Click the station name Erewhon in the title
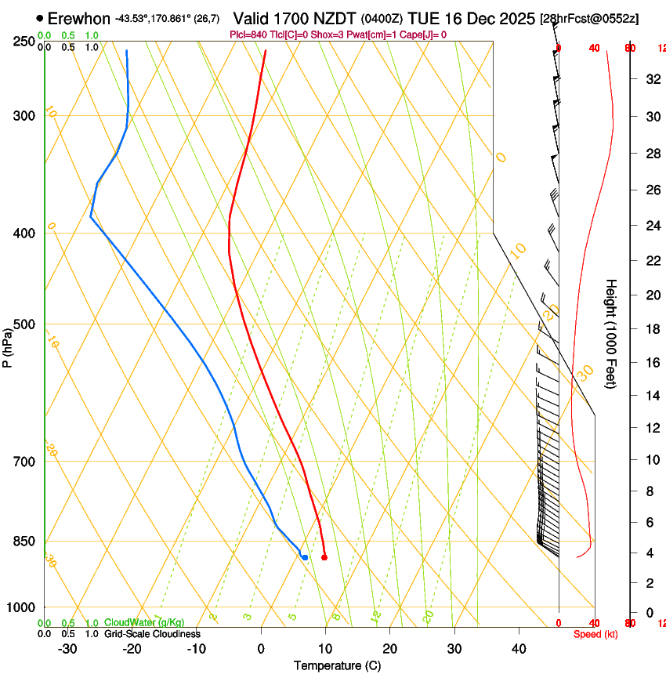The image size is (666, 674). [x=79, y=18]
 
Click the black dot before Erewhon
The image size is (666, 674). [x=39, y=18]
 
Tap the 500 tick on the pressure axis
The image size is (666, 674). [x=25, y=324]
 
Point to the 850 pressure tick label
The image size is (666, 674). [x=25, y=542]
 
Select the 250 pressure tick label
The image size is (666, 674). [x=25, y=42]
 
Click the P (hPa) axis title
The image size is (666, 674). [x=8, y=346]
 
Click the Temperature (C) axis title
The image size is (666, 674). [x=337, y=665]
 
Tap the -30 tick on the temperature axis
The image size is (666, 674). [x=67, y=648]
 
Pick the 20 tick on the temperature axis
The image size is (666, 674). [x=389, y=648]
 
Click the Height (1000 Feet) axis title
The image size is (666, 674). [x=612, y=333]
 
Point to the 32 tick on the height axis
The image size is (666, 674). [x=650, y=78]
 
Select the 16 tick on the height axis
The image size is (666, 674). [x=650, y=363]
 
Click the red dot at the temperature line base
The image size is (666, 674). [x=324, y=557]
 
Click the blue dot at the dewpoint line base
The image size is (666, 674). [x=305, y=557]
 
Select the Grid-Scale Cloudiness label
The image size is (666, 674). [x=152, y=633]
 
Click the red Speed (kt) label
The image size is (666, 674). [x=595, y=634]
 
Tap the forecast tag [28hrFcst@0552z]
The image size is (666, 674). [x=589, y=18]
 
